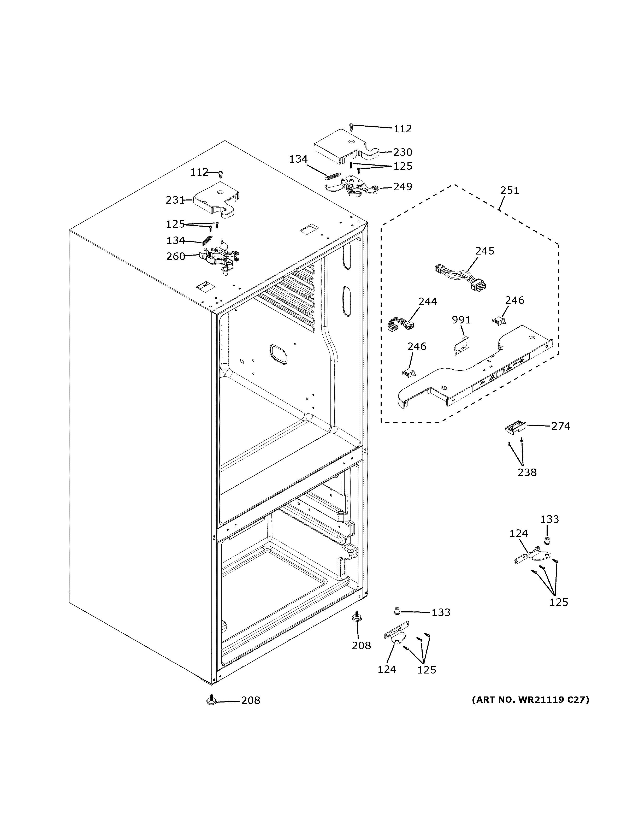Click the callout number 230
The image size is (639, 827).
[403, 152]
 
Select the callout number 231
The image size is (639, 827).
[175, 200]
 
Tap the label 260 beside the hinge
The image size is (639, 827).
[176, 256]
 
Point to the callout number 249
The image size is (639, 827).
[403, 187]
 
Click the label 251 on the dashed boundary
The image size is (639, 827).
[510, 191]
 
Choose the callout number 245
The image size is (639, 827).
[484, 251]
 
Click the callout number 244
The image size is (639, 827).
[427, 302]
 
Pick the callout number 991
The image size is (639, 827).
[461, 320]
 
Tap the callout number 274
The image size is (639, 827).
[560, 426]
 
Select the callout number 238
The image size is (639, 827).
[527, 472]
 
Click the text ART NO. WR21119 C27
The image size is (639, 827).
[530, 700]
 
